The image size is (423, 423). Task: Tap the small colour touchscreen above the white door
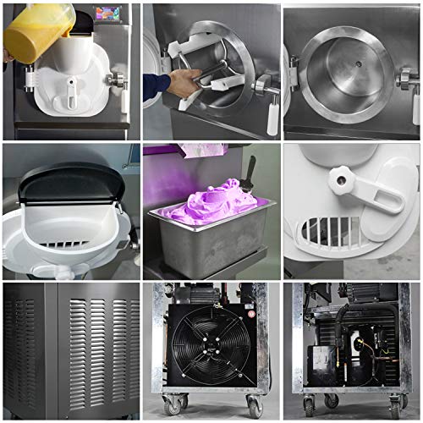coord(107,15)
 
